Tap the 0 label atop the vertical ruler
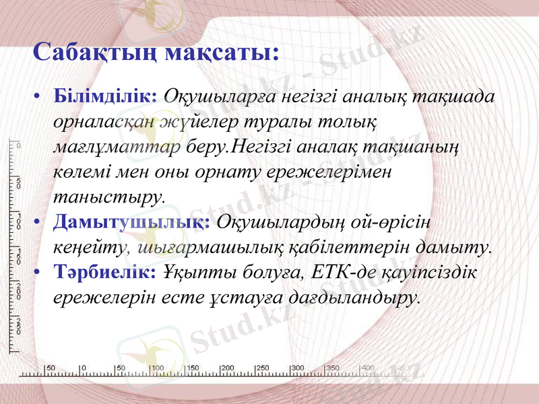[18, 145]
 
